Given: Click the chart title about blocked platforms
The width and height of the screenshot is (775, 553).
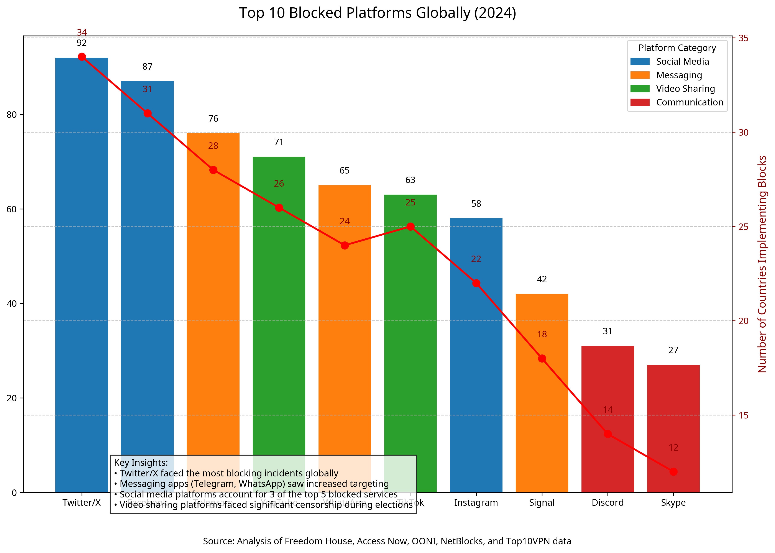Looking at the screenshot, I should (377, 13).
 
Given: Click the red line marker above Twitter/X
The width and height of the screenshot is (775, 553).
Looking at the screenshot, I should (82, 57).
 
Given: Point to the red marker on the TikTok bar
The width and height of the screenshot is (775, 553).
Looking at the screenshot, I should (410, 226).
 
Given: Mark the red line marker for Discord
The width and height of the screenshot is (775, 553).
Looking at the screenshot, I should (608, 434).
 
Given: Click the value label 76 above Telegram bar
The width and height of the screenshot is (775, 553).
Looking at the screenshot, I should (213, 118).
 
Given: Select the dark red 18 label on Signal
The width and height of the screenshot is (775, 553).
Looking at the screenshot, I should (542, 334).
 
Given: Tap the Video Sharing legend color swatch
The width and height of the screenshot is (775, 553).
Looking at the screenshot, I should (640, 89).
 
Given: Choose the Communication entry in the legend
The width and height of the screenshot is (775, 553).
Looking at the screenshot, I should (689, 102).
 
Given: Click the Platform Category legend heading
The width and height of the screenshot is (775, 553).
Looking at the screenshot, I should (677, 48).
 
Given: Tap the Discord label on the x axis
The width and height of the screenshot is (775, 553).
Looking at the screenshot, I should (608, 503).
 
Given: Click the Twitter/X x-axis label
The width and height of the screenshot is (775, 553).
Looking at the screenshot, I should (82, 503).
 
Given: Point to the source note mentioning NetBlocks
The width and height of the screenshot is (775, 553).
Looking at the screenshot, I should (387, 541).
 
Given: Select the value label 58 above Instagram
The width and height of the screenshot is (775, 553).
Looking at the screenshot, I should (476, 204).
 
